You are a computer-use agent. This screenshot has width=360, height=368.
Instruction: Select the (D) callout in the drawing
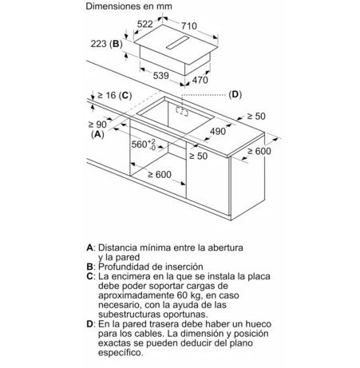point(234,94)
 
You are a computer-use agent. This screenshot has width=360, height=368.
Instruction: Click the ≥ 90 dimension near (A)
point(95,125)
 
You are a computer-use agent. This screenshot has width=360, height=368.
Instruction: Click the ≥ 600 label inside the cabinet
point(156,175)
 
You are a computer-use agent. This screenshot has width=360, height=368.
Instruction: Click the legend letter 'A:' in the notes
point(90,248)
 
